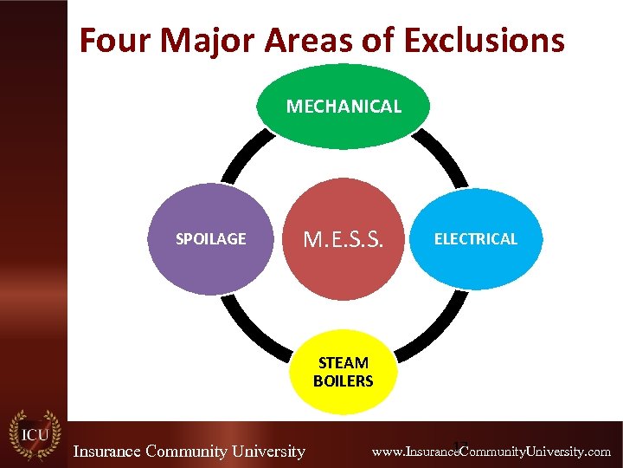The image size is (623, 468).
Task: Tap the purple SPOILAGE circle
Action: (212, 239)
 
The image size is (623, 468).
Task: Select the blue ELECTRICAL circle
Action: (475, 239)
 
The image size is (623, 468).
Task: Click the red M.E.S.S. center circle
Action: (344, 239)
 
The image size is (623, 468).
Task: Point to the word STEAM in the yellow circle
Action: (344, 362)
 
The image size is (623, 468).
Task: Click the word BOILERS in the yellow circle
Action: (344, 381)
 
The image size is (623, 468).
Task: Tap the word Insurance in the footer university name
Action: (107, 451)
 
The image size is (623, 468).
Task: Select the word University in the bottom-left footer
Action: (266, 451)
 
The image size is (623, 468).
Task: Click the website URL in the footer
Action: (491, 452)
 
